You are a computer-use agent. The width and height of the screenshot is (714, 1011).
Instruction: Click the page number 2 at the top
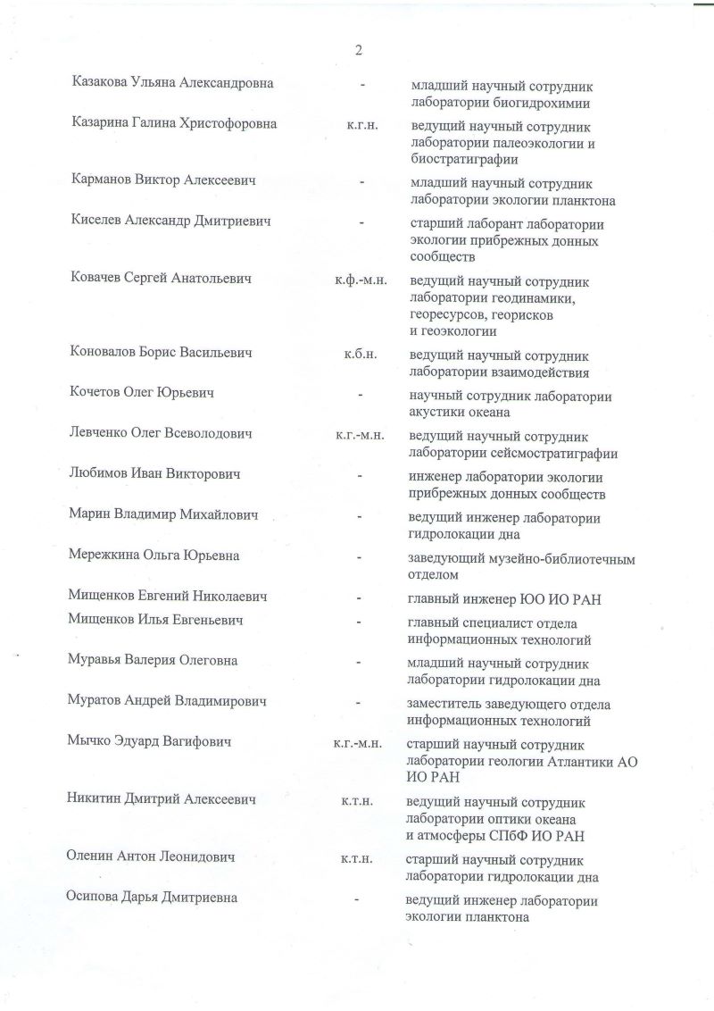coord(358,50)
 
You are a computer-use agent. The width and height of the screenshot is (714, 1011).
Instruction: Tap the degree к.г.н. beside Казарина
coord(362,125)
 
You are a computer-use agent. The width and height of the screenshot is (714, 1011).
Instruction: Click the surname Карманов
coord(101,180)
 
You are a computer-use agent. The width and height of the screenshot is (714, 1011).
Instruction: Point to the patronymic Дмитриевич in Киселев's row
coord(232,221)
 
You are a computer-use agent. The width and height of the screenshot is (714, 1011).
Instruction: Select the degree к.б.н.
coord(361,355)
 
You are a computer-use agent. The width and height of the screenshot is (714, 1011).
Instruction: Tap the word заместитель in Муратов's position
coord(447,704)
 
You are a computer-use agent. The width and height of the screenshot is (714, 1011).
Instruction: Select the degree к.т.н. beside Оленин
coord(357,858)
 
